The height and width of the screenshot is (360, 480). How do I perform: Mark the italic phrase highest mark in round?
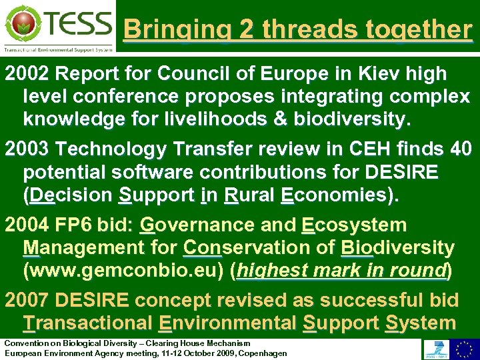341,271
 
